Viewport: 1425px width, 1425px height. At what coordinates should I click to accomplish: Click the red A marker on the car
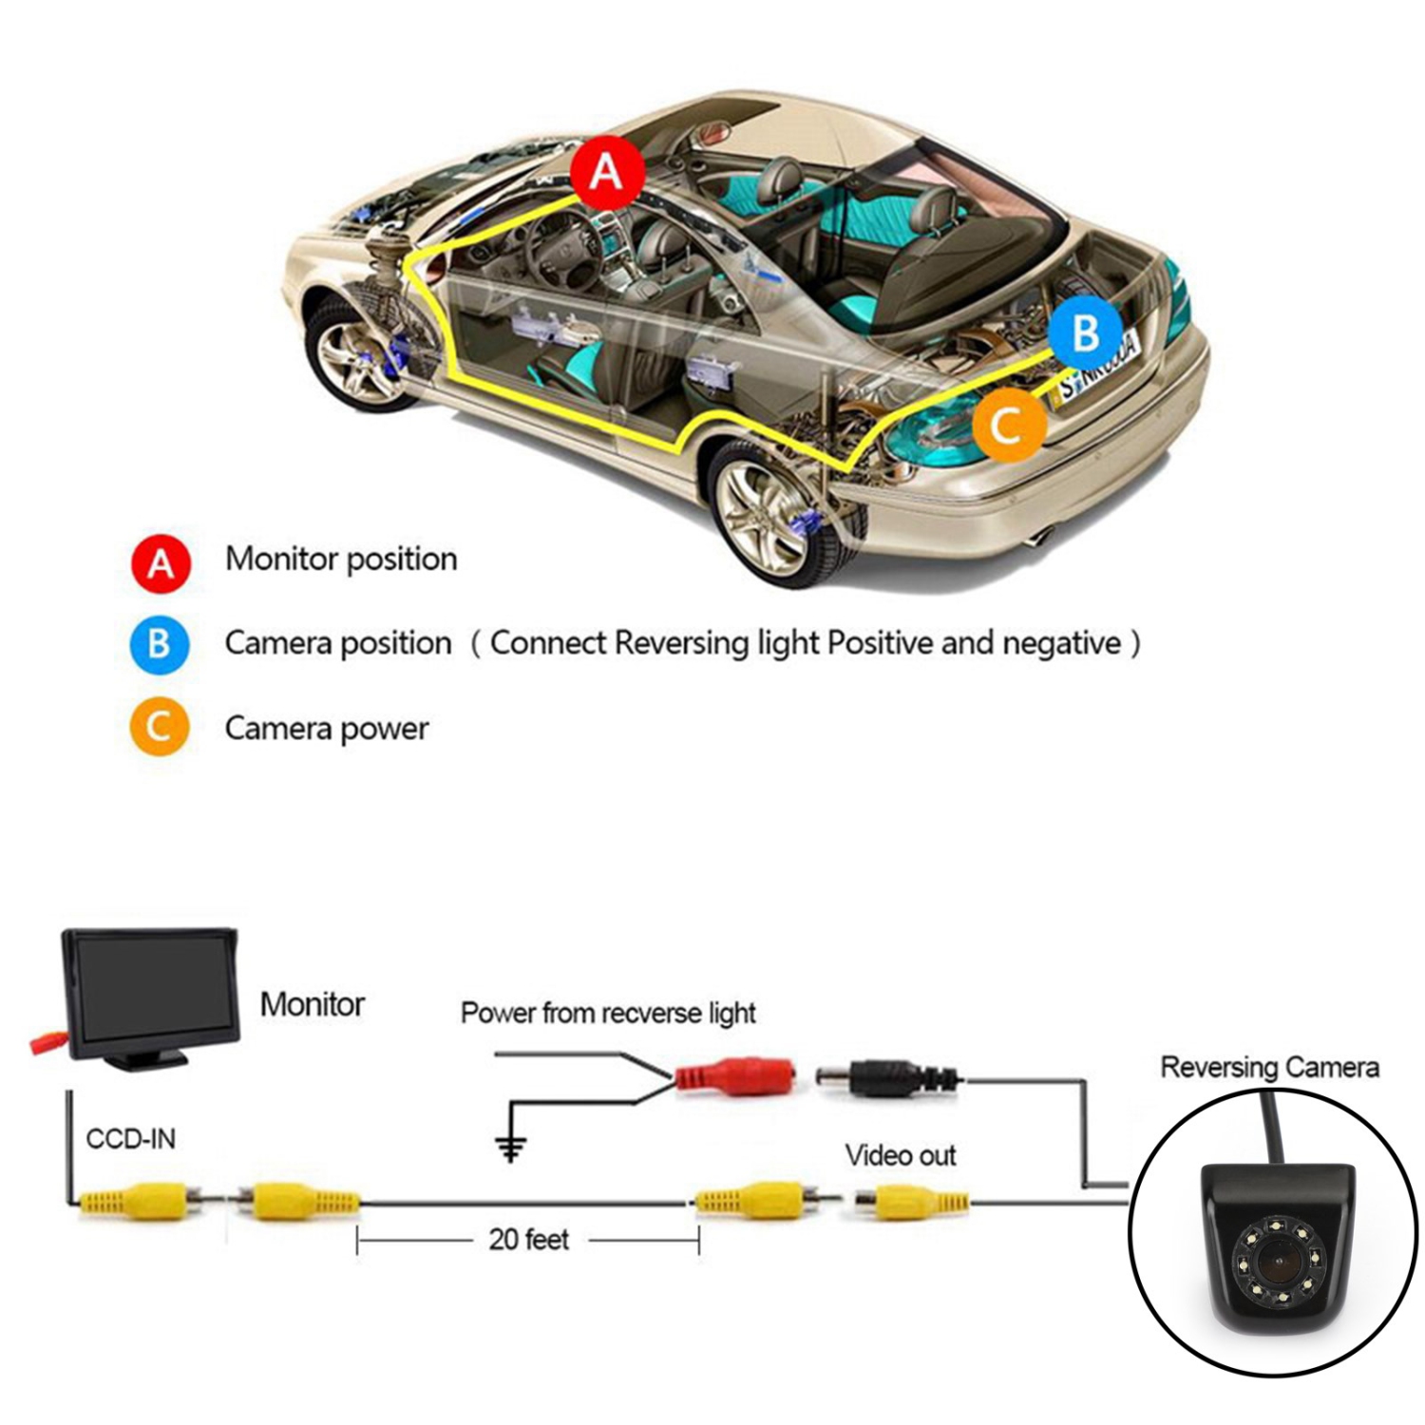tap(608, 173)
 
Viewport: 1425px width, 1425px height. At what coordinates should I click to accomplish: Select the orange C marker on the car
tap(1009, 425)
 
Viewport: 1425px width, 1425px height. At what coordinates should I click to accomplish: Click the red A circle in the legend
tap(161, 563)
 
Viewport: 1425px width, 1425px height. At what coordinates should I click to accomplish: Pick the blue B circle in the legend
tap(161, 644)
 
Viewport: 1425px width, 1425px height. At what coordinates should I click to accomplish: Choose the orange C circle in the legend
tap(161, 727)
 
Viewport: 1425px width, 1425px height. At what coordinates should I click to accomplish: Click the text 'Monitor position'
tap(341, 560)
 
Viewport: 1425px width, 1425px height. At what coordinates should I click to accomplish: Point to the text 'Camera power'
tap(327, 729)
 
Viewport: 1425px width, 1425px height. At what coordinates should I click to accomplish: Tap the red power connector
tap(737, 1078)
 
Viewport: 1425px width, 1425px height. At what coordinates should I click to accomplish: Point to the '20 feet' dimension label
tap(529, 1240)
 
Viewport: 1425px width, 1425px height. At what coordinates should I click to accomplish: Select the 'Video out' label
tap(901, 1155)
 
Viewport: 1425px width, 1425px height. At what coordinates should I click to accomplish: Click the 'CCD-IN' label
tap(131, 1139)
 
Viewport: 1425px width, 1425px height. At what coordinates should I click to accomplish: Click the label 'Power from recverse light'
tap(608, 1014)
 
